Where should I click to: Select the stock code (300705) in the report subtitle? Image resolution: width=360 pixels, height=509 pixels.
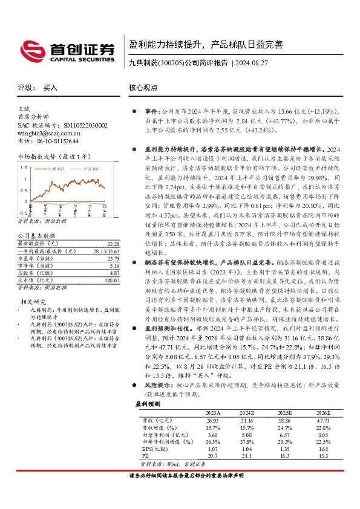click(171, 62)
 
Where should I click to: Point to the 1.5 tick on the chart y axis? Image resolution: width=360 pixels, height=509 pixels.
click(24, 166)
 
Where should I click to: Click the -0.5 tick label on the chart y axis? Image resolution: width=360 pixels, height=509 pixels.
click(22, 213)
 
